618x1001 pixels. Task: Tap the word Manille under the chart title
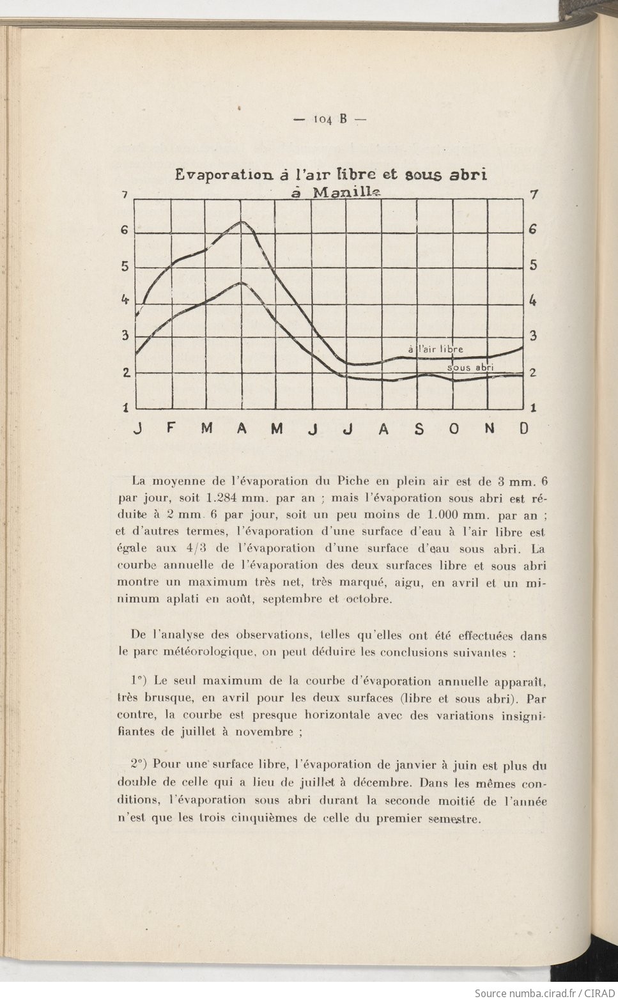point(345,192)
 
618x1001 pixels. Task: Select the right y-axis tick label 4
point(532,301)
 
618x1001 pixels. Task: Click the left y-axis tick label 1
point(125,407)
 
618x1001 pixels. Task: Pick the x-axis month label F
point(171,428)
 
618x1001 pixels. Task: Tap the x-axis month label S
point(419,428)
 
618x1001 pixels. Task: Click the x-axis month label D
point(524,428)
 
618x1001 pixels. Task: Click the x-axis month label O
point(454,428)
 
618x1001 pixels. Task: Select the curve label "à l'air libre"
point(435,349)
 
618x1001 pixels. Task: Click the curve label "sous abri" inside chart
point(470,368)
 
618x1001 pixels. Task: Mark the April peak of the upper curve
point(242,221)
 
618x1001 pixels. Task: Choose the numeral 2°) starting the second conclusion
point(140,764)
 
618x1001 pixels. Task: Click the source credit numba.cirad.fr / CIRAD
point(545,993)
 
